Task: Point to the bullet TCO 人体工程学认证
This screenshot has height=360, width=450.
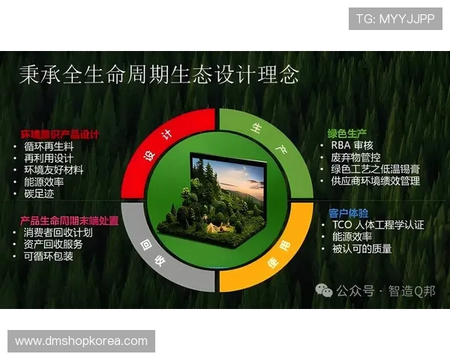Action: [x=377, y=224]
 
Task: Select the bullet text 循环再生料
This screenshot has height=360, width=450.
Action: [x=49, y=146]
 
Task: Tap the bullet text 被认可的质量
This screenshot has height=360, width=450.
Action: [x=361, y=248]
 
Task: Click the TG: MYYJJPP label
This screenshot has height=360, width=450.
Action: [x=394, y=19]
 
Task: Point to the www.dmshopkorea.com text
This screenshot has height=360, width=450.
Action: [x=81, y=340]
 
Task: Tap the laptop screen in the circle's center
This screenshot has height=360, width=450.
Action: [x=229, y=184]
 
